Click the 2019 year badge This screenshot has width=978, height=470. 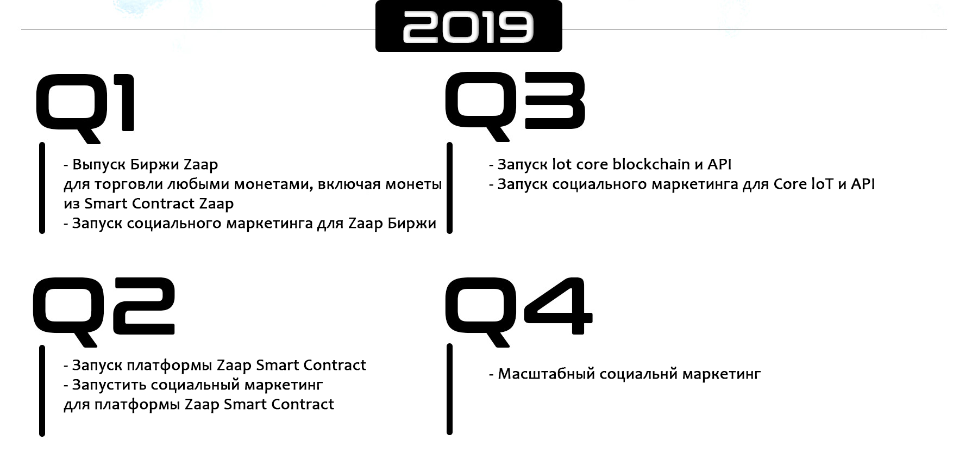[468, 27]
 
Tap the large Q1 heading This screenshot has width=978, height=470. [85, 109]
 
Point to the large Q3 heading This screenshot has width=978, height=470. [515, 107]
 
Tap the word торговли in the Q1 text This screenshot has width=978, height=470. [128, 184]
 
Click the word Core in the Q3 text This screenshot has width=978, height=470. [791, 184]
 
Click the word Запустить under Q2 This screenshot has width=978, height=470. [109, 385]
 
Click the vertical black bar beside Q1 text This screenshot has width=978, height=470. [42, 188]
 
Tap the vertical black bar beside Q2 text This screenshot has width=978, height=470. [42, 391]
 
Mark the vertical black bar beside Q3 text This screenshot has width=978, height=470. [449, 188]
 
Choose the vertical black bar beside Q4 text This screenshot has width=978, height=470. [449, 389]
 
